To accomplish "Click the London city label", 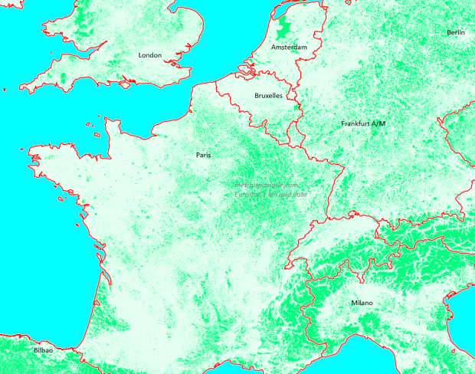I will [x=149, y=55].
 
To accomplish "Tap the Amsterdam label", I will [x=289, y=48].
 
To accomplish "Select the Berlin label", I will [x=456, y=32].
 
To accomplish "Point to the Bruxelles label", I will [x=268, y=96].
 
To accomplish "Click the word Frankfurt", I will [x=356, y=123].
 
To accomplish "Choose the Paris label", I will [x=203, y=155].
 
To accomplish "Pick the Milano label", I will [x=362, y=303].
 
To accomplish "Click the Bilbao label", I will [x=44, y=350].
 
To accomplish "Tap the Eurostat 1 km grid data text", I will [x=266, y=194].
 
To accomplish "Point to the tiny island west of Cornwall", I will [x=4, y=90].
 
